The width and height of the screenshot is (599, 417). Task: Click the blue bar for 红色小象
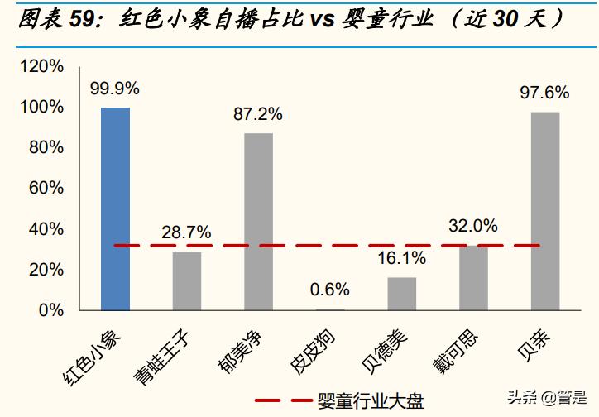pyautogui.click(x=115, y=208)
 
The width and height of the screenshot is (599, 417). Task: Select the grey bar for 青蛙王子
pyautogui.click(x=187, y=281)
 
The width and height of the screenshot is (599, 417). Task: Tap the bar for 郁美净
pyautogui.click(x=258, y=222)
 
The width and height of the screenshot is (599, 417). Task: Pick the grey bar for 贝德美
pyautogui.click(x=402, y=294)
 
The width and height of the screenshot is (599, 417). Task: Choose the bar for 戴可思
pyautogui.click(x=473, y=278)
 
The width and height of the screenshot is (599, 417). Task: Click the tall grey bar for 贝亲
pyautogui.click(x=545, y=211)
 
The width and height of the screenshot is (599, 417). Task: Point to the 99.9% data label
pyautogui.click(x=115, y=88)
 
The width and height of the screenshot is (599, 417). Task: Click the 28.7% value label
pyautogui.click(x=186, y=232)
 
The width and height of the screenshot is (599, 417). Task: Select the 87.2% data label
pyautogui.click(x=258, y=113)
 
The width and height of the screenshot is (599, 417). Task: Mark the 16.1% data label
pyautogui.click(x=402, y=258)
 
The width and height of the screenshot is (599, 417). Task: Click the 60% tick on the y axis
pyautogui.click(x=46, y=188)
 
